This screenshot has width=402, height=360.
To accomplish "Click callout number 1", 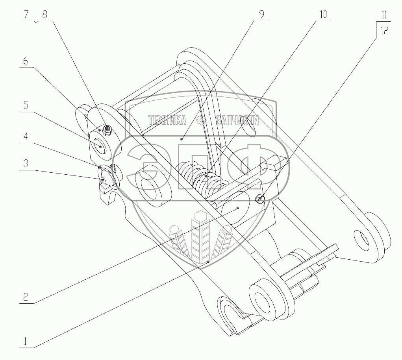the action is [x=25, y=341].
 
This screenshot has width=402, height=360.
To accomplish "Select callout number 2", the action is [x=26, y=297].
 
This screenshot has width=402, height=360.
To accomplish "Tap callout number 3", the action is [x=26, y=163].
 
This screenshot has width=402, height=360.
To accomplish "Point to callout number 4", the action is [x=26, y=136].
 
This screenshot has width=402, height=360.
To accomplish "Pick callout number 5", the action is [x=26, y=105].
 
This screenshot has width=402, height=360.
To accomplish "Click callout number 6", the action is [x=26, y=61].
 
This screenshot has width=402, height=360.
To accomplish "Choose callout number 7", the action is [x=26, y=14].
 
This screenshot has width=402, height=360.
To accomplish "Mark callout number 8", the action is [x=44, y=14].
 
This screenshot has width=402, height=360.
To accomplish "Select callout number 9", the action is [x=261, y=14].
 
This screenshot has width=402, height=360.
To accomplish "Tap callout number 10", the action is [x=323, y=14].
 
